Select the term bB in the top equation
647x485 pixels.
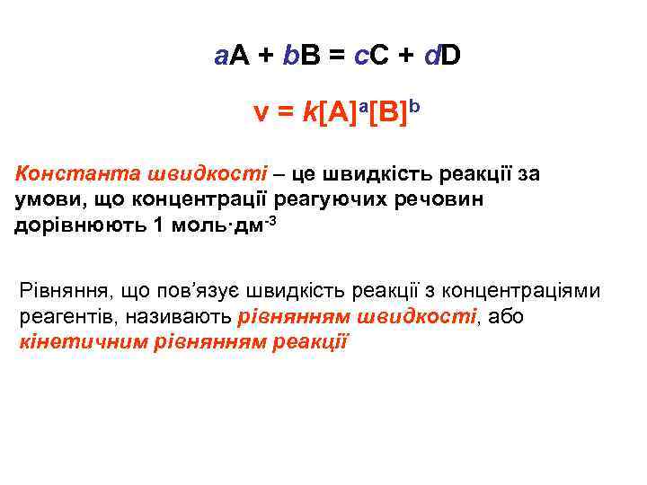pos(300,58)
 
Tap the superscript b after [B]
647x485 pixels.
pos(414,108)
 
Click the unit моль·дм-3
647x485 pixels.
pos(221,224)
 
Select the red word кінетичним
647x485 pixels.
pos(68,342)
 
